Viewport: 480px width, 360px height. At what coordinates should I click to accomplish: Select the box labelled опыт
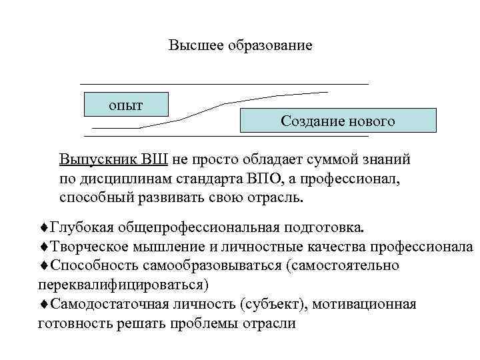click(127, 105)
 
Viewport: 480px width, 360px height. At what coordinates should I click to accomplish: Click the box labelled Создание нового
click(337, 121)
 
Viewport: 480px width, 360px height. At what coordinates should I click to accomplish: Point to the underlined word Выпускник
click(97, 160)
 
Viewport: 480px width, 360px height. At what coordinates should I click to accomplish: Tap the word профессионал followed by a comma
click(365, 179)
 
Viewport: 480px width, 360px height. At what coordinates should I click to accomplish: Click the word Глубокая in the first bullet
click(77, 227)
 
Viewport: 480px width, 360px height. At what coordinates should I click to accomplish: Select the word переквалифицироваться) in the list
click(123, 285)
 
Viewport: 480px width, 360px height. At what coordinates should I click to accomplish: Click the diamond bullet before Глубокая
click(43, 227)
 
